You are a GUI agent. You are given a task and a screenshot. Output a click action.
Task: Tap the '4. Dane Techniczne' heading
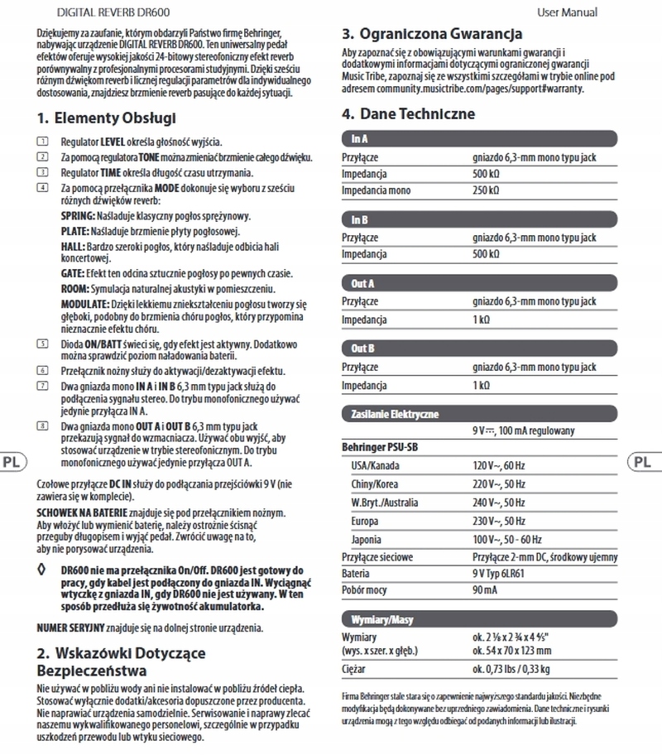409,113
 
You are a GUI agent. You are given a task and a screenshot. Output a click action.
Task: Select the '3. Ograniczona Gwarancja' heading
432,34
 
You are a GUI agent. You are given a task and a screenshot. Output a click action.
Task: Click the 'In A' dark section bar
479,139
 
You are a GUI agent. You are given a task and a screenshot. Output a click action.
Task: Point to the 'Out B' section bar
479,349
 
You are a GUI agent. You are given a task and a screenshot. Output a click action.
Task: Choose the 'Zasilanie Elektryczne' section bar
479,413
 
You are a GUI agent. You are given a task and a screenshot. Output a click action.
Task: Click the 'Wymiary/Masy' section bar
479,619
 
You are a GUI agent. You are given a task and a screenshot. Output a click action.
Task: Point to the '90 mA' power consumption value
486,590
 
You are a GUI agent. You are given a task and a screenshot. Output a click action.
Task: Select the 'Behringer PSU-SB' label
380,447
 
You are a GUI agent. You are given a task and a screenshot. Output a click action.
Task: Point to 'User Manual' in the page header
567,12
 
